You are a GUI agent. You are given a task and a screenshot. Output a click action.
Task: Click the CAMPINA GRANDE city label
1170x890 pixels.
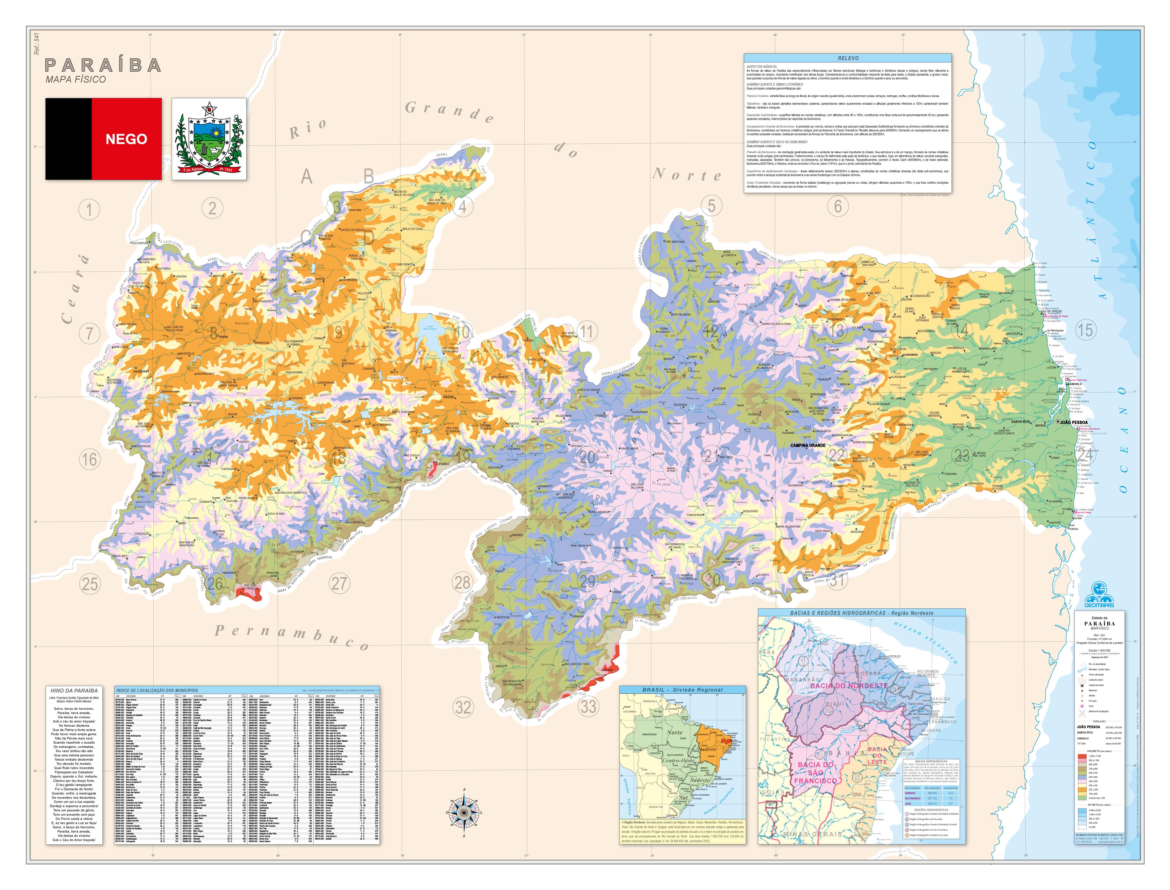pos(808,445)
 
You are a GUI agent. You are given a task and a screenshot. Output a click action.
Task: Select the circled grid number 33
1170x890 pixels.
pos(588,706)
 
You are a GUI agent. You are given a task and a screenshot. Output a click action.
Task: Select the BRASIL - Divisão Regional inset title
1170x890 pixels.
pos(683,690)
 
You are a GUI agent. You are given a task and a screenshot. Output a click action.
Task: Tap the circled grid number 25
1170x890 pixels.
pos(90,584)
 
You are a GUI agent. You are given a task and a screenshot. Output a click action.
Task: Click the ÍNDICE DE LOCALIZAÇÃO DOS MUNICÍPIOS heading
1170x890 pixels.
pos(157,690)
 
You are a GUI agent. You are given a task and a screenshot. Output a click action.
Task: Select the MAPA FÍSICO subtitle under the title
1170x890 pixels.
pos(76,79)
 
